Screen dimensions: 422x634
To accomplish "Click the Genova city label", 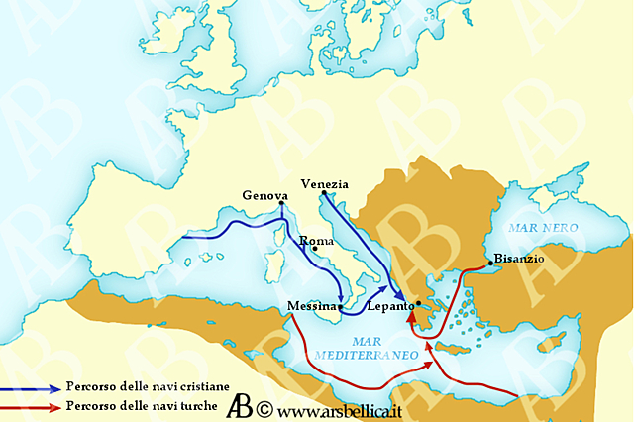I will [264, 195].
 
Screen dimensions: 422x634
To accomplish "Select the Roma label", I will [314, 241].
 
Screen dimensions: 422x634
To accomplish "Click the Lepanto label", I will [390, 307].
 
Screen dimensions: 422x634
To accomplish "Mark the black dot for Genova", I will [282, 204].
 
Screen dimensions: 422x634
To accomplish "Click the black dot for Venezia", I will [324, 193].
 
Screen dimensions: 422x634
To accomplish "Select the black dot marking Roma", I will [316, 249].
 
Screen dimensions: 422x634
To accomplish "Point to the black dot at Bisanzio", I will [489, 264].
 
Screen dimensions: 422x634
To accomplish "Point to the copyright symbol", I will [264, 408].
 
